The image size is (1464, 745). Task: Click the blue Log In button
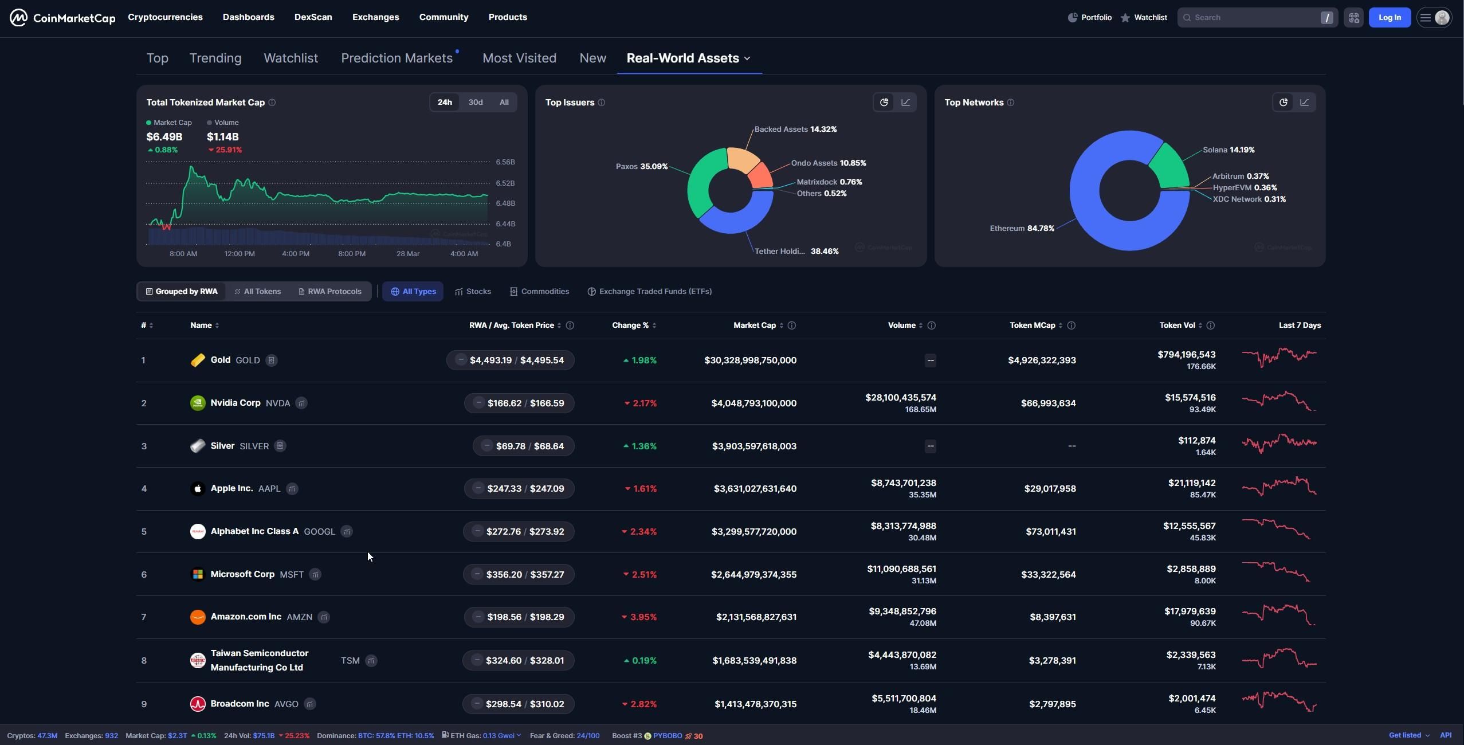[1390, 18]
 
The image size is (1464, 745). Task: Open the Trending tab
[215, 58]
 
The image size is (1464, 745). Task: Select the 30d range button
[476, 103]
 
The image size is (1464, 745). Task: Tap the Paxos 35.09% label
[642, 166]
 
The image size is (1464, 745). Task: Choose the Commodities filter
[539, 291]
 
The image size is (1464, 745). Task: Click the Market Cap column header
[754, 325]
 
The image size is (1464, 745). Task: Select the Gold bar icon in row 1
[198, 360]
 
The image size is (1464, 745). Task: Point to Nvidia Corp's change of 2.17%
[641, 403]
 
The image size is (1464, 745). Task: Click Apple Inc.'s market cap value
[755, 489]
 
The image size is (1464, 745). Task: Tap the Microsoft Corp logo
[198, 574]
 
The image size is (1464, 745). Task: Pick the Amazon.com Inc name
[246, 617]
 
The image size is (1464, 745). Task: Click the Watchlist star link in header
[1144, 18]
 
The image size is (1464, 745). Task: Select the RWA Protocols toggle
[330, 291]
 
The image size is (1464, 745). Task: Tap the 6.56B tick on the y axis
[505, 162]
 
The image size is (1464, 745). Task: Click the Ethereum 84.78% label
[1022, 228]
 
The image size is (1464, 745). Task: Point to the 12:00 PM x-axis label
[240, 253]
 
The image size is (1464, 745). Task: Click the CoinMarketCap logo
[62, 18]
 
